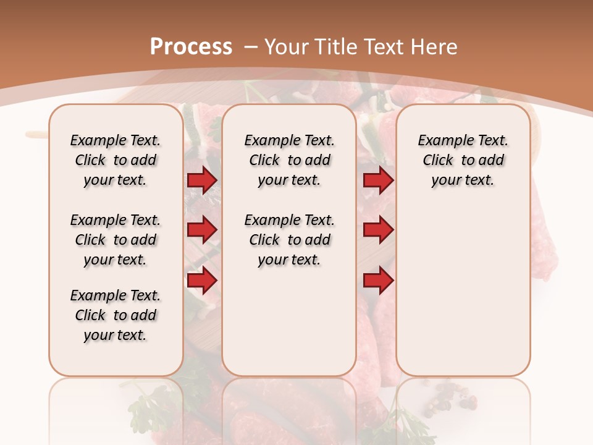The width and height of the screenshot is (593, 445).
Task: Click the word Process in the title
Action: pyautogui.click(x=191, y=46)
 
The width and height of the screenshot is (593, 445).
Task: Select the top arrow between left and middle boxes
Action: pyautogui.click(x=202, y=180)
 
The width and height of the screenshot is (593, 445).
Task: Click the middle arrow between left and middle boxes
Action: pyautogui.click(x=202, y=230)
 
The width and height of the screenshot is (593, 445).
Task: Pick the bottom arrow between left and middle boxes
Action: pyautogui.click(x=202, y=281)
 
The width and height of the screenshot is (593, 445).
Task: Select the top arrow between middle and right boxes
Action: pyautogui.click(x=378, y=180)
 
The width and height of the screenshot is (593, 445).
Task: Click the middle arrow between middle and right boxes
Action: pyautogui.click(x=378, y=230)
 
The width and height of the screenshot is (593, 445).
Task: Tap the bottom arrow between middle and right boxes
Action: pyautogui.click(x=378, y=281)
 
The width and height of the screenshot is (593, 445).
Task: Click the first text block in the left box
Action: pyautogui.click(x=116, y=160)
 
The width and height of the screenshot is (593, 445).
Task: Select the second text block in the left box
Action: pyautogui.click(x=116, y=240)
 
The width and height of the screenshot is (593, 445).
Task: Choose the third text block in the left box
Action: pyautogui.click(x=116, y=315)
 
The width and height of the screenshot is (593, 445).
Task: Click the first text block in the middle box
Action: pyautogui.click(x=290, y=160)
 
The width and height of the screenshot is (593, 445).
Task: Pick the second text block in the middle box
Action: pyautogui.click(x=290, y=240)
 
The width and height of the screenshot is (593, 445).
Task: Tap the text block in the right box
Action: pyautogui.click(x=463, y=160)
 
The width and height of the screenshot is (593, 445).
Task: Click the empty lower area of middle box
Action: pyautogui.click(x=290, y=321)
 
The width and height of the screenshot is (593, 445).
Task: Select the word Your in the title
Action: pyautogui.click(x=287, y=46)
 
